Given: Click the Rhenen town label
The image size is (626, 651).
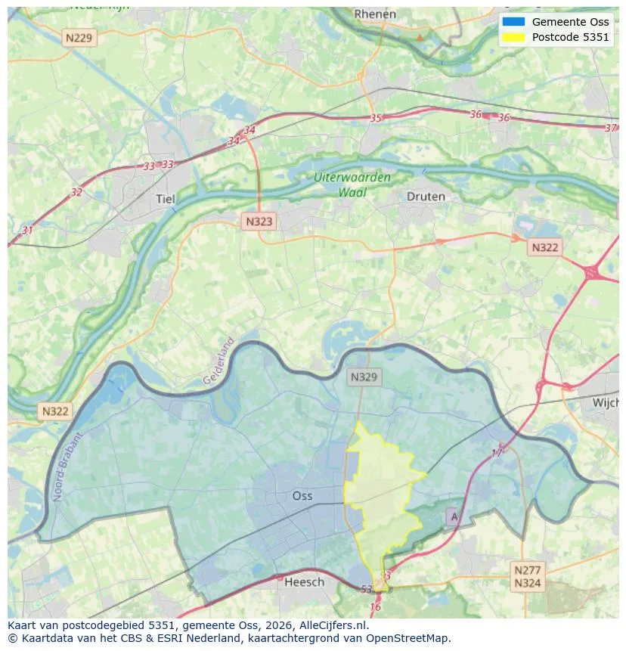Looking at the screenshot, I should point(375,14).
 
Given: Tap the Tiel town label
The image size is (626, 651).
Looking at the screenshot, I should point(164,199).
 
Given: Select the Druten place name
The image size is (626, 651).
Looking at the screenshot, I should point(426,196).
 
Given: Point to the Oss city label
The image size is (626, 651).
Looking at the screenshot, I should point(302,496).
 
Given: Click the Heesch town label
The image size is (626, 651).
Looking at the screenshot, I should point(304,581).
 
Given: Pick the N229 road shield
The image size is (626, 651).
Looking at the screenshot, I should point(80,37).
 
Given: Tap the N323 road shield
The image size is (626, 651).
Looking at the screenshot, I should point(259,222).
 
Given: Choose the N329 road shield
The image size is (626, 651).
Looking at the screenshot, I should point(365,377).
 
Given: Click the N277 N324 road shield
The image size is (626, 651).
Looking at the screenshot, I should point(527,576).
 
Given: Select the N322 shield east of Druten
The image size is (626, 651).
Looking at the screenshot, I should point(545,247).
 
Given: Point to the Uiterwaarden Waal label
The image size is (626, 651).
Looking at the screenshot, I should point(352,184).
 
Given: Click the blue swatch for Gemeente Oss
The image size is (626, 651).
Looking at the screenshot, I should point(513,22).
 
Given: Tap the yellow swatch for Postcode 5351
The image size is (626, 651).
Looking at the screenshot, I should point(513,37).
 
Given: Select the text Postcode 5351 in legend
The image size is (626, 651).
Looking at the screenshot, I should point(570,37).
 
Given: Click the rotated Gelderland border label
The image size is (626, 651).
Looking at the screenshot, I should point(219,361).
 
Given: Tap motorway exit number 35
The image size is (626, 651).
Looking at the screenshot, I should point(376,118).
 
